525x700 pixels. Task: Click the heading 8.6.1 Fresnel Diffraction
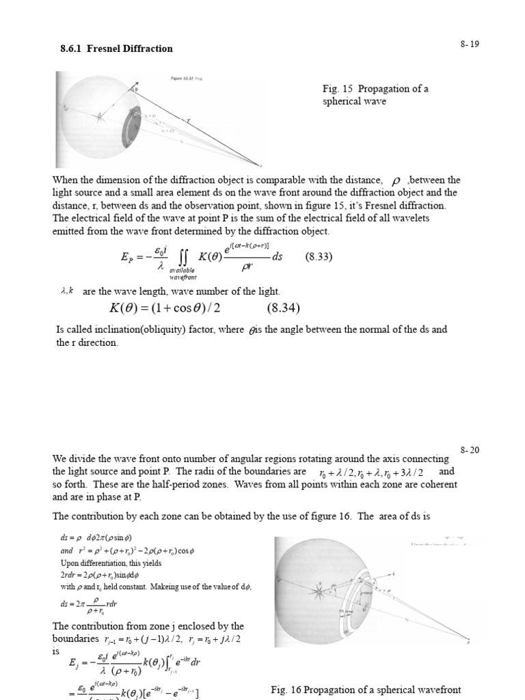tap(117, 49)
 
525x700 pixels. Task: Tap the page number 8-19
tap(470, 44)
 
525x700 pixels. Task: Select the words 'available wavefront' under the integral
tap(183, 273)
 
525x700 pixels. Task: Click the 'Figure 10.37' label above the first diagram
tap(182, 79)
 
